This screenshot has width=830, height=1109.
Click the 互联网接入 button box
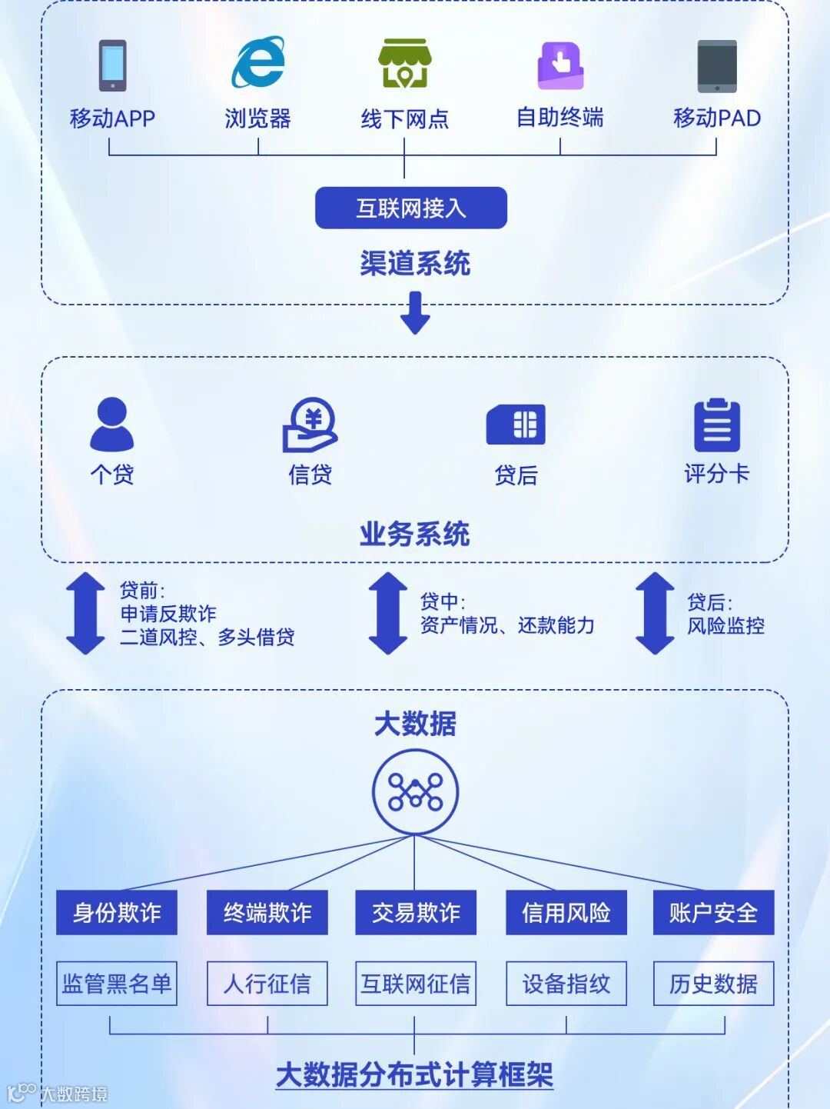tap(411, 208)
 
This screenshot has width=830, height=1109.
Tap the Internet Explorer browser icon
tap(258, 62)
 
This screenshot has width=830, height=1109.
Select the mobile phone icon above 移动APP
tap(112, 65)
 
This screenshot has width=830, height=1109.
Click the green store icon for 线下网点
tap(404, 64)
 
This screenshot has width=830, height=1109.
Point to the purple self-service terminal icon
tap(560, 65)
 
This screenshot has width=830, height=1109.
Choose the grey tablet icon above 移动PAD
tap(717, 66)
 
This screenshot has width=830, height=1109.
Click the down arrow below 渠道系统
tap(415, 312)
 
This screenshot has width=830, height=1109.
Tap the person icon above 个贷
tap(112, 424)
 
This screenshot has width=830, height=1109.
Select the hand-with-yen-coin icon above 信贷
tap(310, 425)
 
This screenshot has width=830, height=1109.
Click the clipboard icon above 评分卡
tap(717, 425)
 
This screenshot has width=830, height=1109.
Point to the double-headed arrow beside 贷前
tap(85, 613)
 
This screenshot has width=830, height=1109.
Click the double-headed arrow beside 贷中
tap(388, 613)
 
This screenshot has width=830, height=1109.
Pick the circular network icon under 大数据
tap(415, 792)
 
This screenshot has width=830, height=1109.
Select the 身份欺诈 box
tap(117, 913)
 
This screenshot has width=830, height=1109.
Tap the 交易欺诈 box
tap(416, 913)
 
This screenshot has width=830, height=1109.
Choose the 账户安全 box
tap(713, 913)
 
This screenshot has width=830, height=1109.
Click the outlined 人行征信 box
tap(267, 984)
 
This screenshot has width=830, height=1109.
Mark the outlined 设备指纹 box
tap(566, 984)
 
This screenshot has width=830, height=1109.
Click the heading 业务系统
tap(415, 534)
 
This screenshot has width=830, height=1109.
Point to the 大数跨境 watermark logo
tap(58, 1093)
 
